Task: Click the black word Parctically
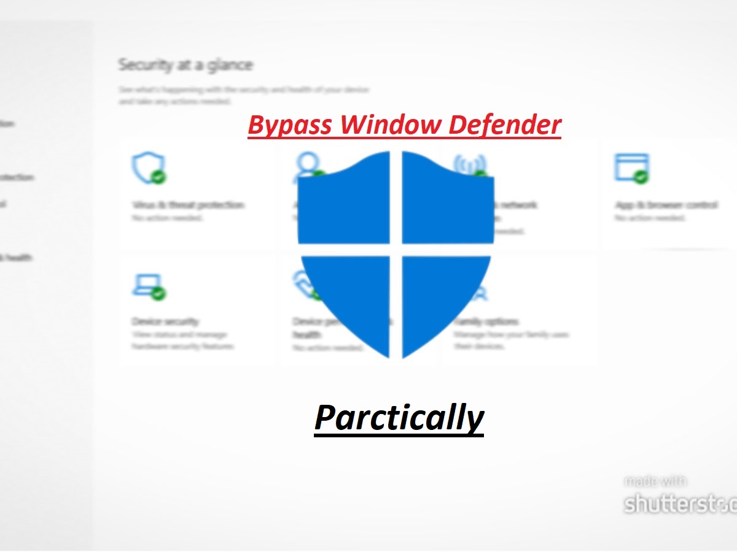pyautogui.click(x=399, y=418)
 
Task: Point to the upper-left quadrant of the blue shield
pyautogui.click(x=344, y=202)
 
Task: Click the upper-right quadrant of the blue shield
pyautogui.click(x=447, y=202)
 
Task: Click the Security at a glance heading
pyautogui.click(x=185, y=64)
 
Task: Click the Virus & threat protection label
pyautogui.click(x=188, y=205)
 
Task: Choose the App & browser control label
pyautogui.click(x=666, y=205)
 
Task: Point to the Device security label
pyautogui.click(x=165, y=321)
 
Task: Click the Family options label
pyautogui.click(x=486, y=321)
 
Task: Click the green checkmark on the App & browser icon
pyautogui.click(x=642, y=177)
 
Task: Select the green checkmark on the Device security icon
pyautogui.click(x=159, y=293)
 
